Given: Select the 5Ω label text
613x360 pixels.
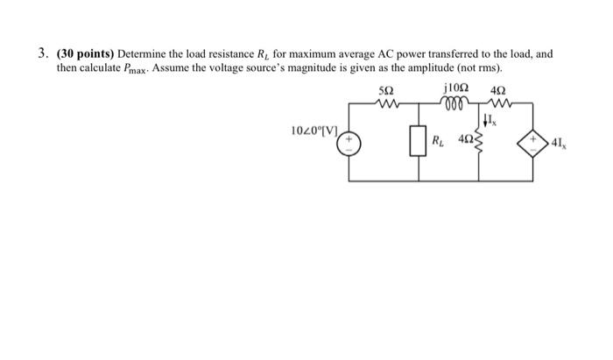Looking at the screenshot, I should point(385,90).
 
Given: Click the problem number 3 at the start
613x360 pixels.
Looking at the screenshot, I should point(41,53).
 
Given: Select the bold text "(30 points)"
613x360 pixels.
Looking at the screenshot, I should point(82,53).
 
